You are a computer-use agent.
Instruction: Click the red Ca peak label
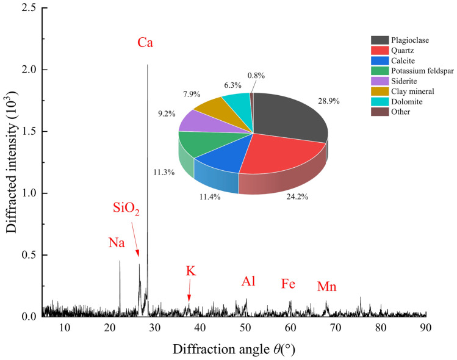click(145, 43)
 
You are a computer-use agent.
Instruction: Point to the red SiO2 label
click(126, 211)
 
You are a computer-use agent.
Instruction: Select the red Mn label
click(326, 287)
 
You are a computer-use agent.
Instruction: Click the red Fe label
click(289, 284)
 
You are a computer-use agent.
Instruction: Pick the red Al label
click(248, 281)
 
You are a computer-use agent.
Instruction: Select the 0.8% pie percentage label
click(256, 76)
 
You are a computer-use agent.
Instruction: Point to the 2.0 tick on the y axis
click(27, 70)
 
